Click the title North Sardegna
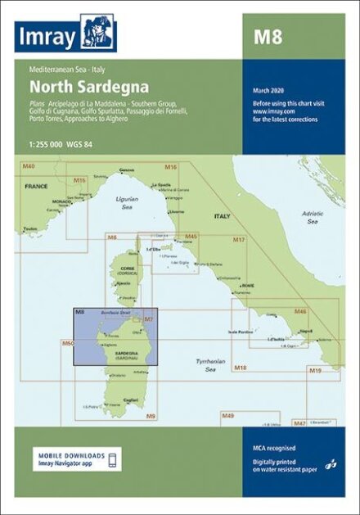click(78, 84)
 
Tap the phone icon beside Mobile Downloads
click(114, 458)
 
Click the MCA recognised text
click(274, 448)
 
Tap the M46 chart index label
click(300, 312)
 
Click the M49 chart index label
click(229, 416)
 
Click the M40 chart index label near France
click(29, 166)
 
